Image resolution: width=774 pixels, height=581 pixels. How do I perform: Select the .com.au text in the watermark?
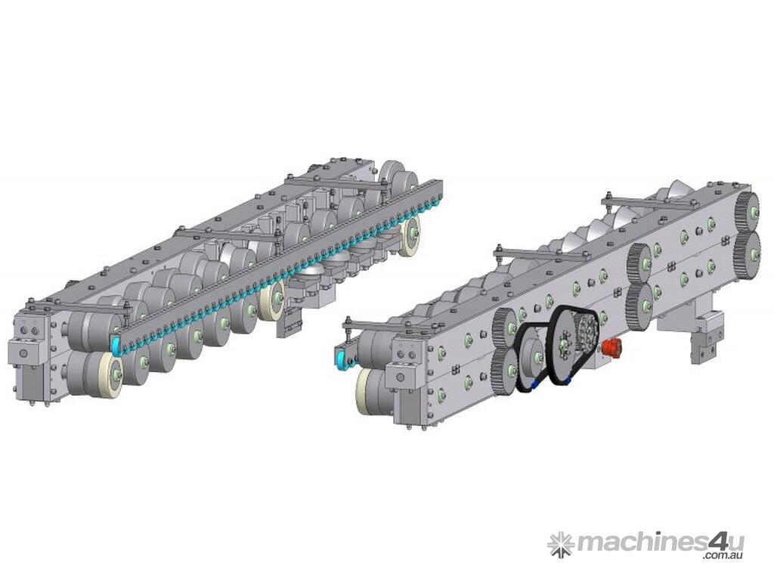pyautogui.click(x=723, y=556)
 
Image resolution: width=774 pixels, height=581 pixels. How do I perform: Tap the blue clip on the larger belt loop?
pyautogui.click(x=568, y=381)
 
